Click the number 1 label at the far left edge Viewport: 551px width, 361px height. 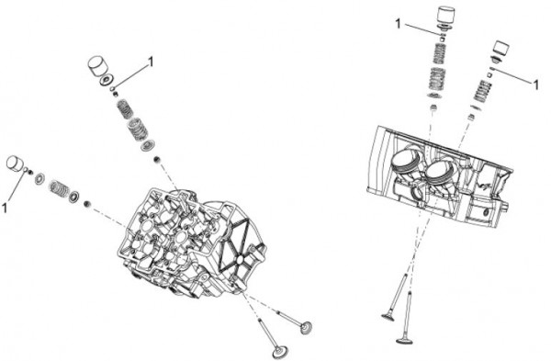(x=5, y=208)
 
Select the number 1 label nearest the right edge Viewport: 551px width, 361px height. (x=536, y=85)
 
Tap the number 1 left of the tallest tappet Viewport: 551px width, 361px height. (x=398, y=24)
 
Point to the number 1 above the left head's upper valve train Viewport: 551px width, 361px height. (x=151, y=62)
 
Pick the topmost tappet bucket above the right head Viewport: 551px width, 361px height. (x=445, y=15)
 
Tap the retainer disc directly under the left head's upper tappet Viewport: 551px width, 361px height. (x=106, y=80)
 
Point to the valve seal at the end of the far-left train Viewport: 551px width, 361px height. (x=86, y=204)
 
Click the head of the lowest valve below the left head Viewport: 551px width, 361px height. (x=280, y=352)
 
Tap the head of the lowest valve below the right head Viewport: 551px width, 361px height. (x=404, y=340)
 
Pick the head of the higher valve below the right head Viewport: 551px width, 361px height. (x=389, y=317)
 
